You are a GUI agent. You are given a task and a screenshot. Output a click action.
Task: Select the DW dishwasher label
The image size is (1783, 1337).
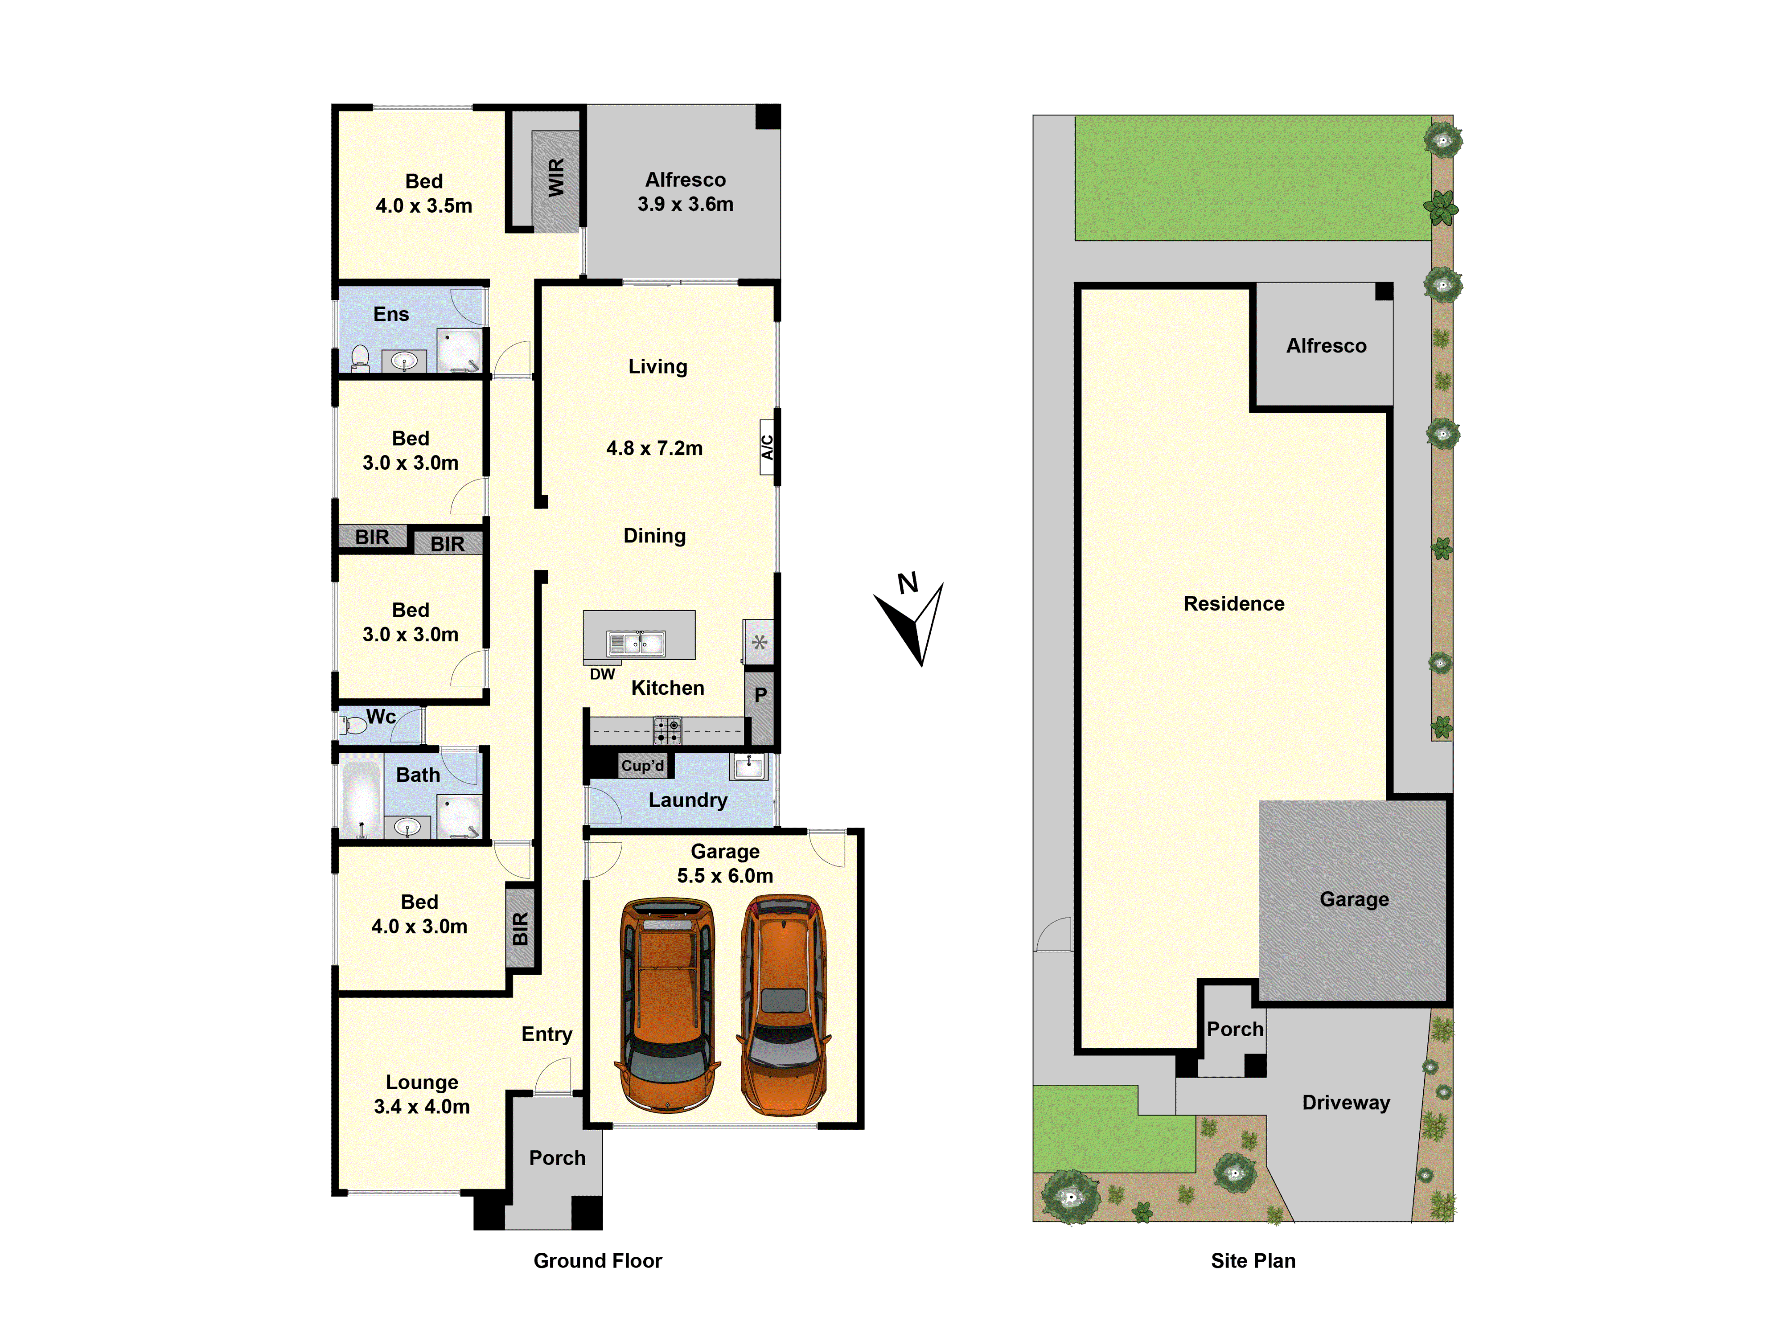[x=602, y=674]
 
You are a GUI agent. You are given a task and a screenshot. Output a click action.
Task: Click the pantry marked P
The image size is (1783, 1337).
[x=760, y=695]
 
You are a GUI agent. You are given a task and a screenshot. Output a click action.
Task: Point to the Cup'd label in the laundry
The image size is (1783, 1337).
[x=642, y=766]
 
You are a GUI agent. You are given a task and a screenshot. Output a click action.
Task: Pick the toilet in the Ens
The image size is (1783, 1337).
[x=360, y=357]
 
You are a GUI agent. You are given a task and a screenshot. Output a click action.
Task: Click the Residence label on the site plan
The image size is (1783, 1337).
[x=1233, y=603]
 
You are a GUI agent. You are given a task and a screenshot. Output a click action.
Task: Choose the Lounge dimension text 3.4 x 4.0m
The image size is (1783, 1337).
[x=422, y=1107]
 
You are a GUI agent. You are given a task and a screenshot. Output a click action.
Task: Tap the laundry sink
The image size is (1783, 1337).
[x=748, y=766]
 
